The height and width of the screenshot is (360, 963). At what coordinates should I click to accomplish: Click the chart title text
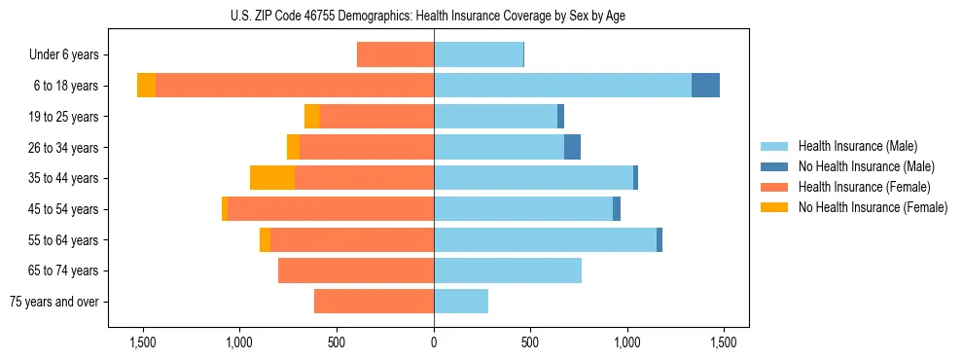(x=434, y=16)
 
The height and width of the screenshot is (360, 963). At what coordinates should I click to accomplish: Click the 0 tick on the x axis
(x=434, y=342)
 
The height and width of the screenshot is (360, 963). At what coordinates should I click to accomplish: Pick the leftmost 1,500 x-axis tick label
(x=143, y=342)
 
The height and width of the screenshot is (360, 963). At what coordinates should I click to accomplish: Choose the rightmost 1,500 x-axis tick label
(x=724, y=342)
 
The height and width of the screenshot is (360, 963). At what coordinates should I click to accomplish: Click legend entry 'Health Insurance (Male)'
(x=857, y=147)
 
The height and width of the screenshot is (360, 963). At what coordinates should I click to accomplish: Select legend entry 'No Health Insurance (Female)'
(x=873, y=207)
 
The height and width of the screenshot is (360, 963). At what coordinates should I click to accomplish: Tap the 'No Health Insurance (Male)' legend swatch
(x=775, y=167)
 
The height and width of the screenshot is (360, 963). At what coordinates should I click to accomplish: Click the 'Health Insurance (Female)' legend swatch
(x=775, y=187)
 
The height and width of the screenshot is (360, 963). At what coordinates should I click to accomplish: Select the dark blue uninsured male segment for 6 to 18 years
(x=705, y=86)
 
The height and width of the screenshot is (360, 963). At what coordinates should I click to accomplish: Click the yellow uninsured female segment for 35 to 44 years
(x=272, y=178)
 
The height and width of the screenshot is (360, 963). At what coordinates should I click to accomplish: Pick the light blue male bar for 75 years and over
(x=461, y=302)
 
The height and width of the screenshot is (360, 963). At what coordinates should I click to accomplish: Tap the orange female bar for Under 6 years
(x=395, y=54)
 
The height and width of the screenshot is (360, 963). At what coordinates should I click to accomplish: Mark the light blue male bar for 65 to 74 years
(x=508, y=270)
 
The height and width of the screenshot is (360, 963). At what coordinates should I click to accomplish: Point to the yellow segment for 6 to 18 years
(x=146, y=86)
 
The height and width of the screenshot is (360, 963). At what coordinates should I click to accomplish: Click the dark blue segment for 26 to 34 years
(x=572, y=147)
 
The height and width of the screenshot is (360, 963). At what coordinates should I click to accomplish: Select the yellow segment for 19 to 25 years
(x=312, y=117)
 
